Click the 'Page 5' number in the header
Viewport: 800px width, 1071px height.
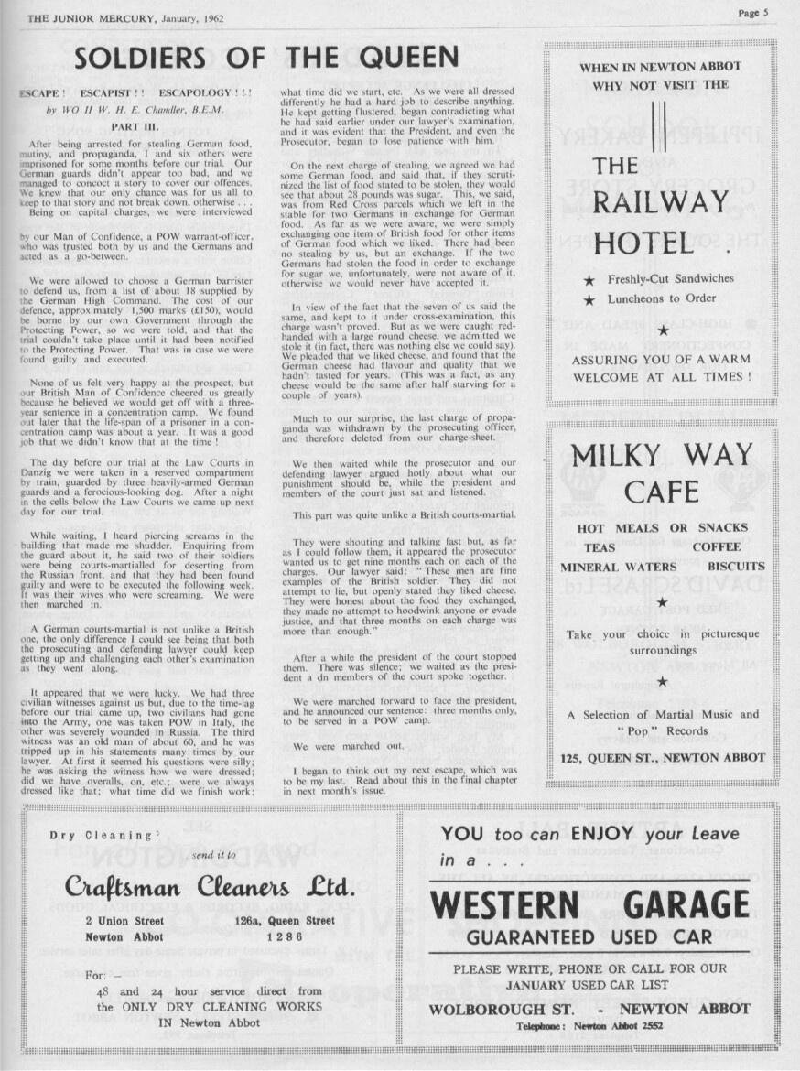758,12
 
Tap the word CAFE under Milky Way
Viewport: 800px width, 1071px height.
661,492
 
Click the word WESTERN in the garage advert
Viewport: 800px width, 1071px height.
504,906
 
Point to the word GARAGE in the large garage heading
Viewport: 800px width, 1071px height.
686,906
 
